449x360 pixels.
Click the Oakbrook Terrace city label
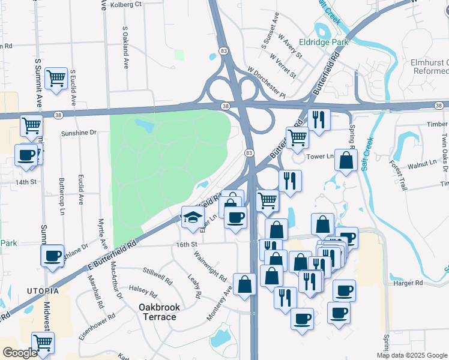point(159,311)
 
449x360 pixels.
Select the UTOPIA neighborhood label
point(42,291)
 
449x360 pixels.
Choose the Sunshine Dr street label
point(79,133)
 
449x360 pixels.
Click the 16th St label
point(187,245)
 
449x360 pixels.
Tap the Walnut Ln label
point(421,163)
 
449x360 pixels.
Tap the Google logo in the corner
point(20,353)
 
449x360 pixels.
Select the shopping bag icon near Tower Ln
point(346,160)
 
